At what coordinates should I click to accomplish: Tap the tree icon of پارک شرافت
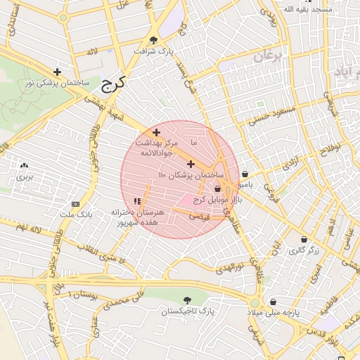(x=154, y=40)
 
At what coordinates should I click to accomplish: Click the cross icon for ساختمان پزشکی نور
(x=57, y=72)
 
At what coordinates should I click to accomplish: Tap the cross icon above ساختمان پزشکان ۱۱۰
(x=191, y=164)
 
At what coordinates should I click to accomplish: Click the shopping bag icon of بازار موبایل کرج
(x=217, y=188)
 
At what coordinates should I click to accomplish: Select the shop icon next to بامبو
(x=244, y=174)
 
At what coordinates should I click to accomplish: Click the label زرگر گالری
(x=304, y=250)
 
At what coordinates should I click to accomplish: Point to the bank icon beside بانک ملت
(x=76, y=204)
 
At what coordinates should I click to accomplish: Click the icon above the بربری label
(x=25, y=165)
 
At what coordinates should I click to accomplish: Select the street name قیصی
(x=200, y=217)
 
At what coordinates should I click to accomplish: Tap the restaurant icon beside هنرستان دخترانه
(x=136, y=201)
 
